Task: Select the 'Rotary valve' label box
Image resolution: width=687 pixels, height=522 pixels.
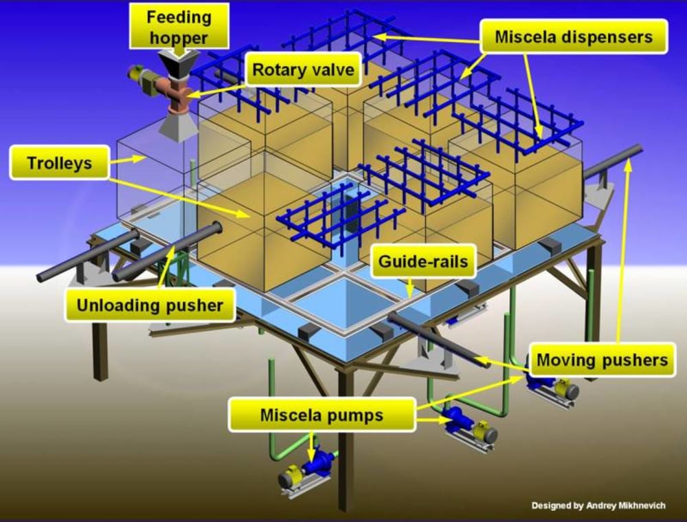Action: tap(303, 69)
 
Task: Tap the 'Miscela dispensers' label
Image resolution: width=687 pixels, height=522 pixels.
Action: tap(574, 36)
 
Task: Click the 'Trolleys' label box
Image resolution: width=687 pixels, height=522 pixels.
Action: tap(60, 164)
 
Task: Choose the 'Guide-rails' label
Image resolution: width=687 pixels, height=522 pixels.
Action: tap(423, 261)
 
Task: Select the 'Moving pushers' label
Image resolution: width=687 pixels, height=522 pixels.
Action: tap(602, 359)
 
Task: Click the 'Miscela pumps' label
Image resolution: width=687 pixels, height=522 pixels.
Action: tap(322, 415)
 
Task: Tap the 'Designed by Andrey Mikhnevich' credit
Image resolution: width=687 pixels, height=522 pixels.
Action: tap(598, 506)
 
